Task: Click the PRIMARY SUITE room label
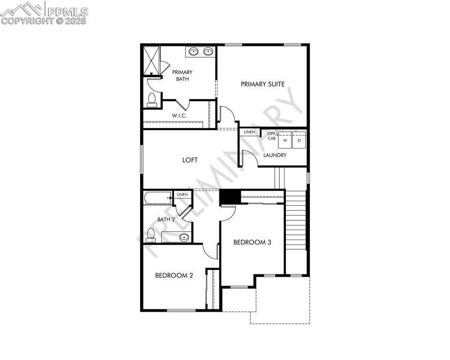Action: [x=262, y=84]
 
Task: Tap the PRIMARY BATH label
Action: [x=182, y=75]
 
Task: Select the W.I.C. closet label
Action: [x=180, y=115]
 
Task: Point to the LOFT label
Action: [x=190, y=160]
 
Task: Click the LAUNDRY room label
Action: [x=275, y=155]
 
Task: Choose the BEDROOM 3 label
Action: [x=252, y=242]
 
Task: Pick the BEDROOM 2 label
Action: [x=174, y=276]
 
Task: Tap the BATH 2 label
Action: [x=166, y=219]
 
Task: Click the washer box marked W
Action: [x=285, y=140]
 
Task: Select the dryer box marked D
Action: [x=299, y=140]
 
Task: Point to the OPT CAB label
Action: [x=271, y=136]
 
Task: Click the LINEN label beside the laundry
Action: [x=249, y=132]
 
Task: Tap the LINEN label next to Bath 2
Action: [x=182, y=195]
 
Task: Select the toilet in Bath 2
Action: [x=150, y=235]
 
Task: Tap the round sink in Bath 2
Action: [x=184, y=237]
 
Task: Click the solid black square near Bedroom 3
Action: [x=230, y=197]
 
